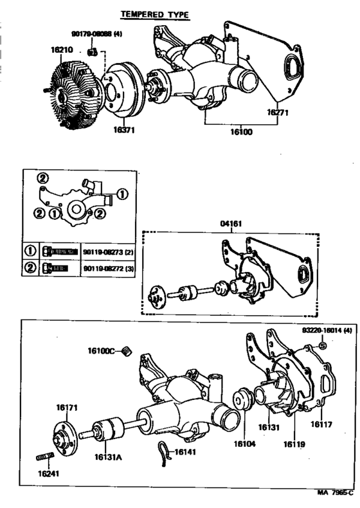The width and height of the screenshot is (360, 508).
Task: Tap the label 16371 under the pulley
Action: pos(126,129)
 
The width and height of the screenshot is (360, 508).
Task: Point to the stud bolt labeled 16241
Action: pos(42,458)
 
